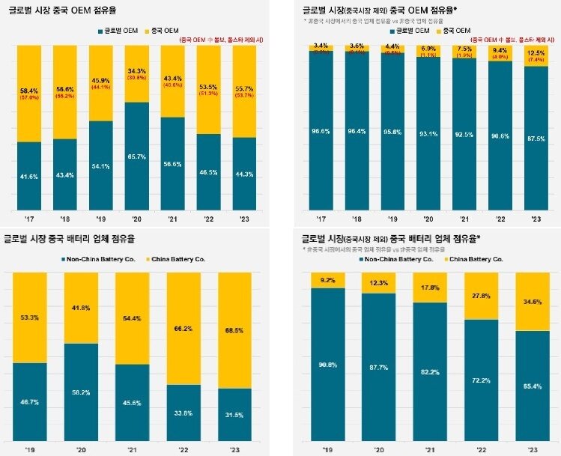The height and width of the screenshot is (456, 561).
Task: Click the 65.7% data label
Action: click(136, 156)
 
